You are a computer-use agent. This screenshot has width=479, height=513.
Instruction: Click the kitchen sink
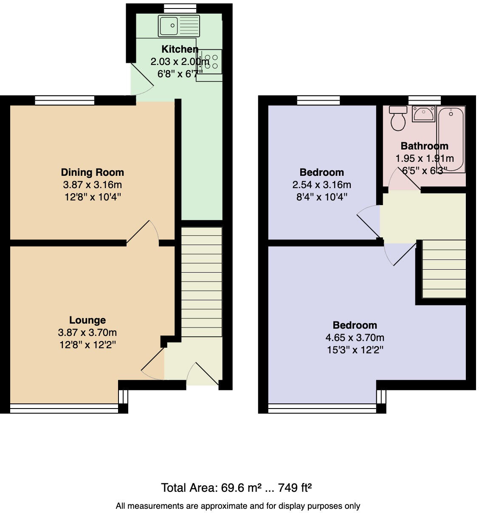[x=178, y=25]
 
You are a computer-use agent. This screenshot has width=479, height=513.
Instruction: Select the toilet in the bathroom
[x=398, y=118]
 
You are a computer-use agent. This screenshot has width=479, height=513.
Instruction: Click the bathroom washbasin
[x=423, y=114]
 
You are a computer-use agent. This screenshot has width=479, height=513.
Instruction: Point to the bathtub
[x=451, y=139]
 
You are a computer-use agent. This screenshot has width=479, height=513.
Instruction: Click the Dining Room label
[x=92, y=172]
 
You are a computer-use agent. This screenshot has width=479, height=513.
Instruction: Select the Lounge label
[x=87, y=320]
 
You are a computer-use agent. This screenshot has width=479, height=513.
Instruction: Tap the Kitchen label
[x=180, y=49]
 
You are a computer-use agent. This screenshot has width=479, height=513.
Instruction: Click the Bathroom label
[x=424, y=146]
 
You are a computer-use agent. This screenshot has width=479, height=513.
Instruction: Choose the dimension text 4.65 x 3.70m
[x=355, y=338]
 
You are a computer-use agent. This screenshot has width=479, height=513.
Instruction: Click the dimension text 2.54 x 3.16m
[x=321, y=185]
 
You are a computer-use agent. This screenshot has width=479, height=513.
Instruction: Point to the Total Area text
[x=237, y=488]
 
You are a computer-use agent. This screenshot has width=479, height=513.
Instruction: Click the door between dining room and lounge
[x=143, y=233]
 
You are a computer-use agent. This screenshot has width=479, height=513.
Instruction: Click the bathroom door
[x=404, y=179]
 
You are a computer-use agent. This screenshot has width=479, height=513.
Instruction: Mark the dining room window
[x=65, y=100]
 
